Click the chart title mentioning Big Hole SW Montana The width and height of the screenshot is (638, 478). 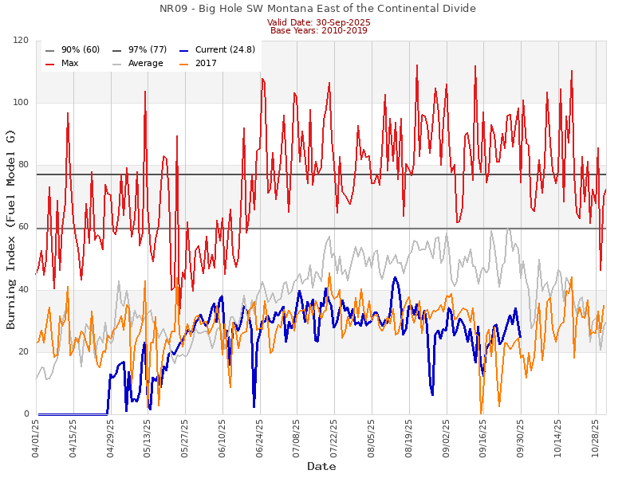(317, 9)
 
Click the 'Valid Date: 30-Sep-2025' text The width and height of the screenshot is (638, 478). (317, 22)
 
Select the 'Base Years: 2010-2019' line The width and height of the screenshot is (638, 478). (317, 30)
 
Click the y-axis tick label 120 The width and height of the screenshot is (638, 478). (22, 41)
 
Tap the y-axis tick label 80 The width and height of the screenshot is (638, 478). (24, 165)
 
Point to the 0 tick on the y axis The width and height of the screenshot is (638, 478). (27, 414)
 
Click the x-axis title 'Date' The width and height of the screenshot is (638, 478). (321, 466)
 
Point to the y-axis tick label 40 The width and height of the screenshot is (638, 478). (24, 290)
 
